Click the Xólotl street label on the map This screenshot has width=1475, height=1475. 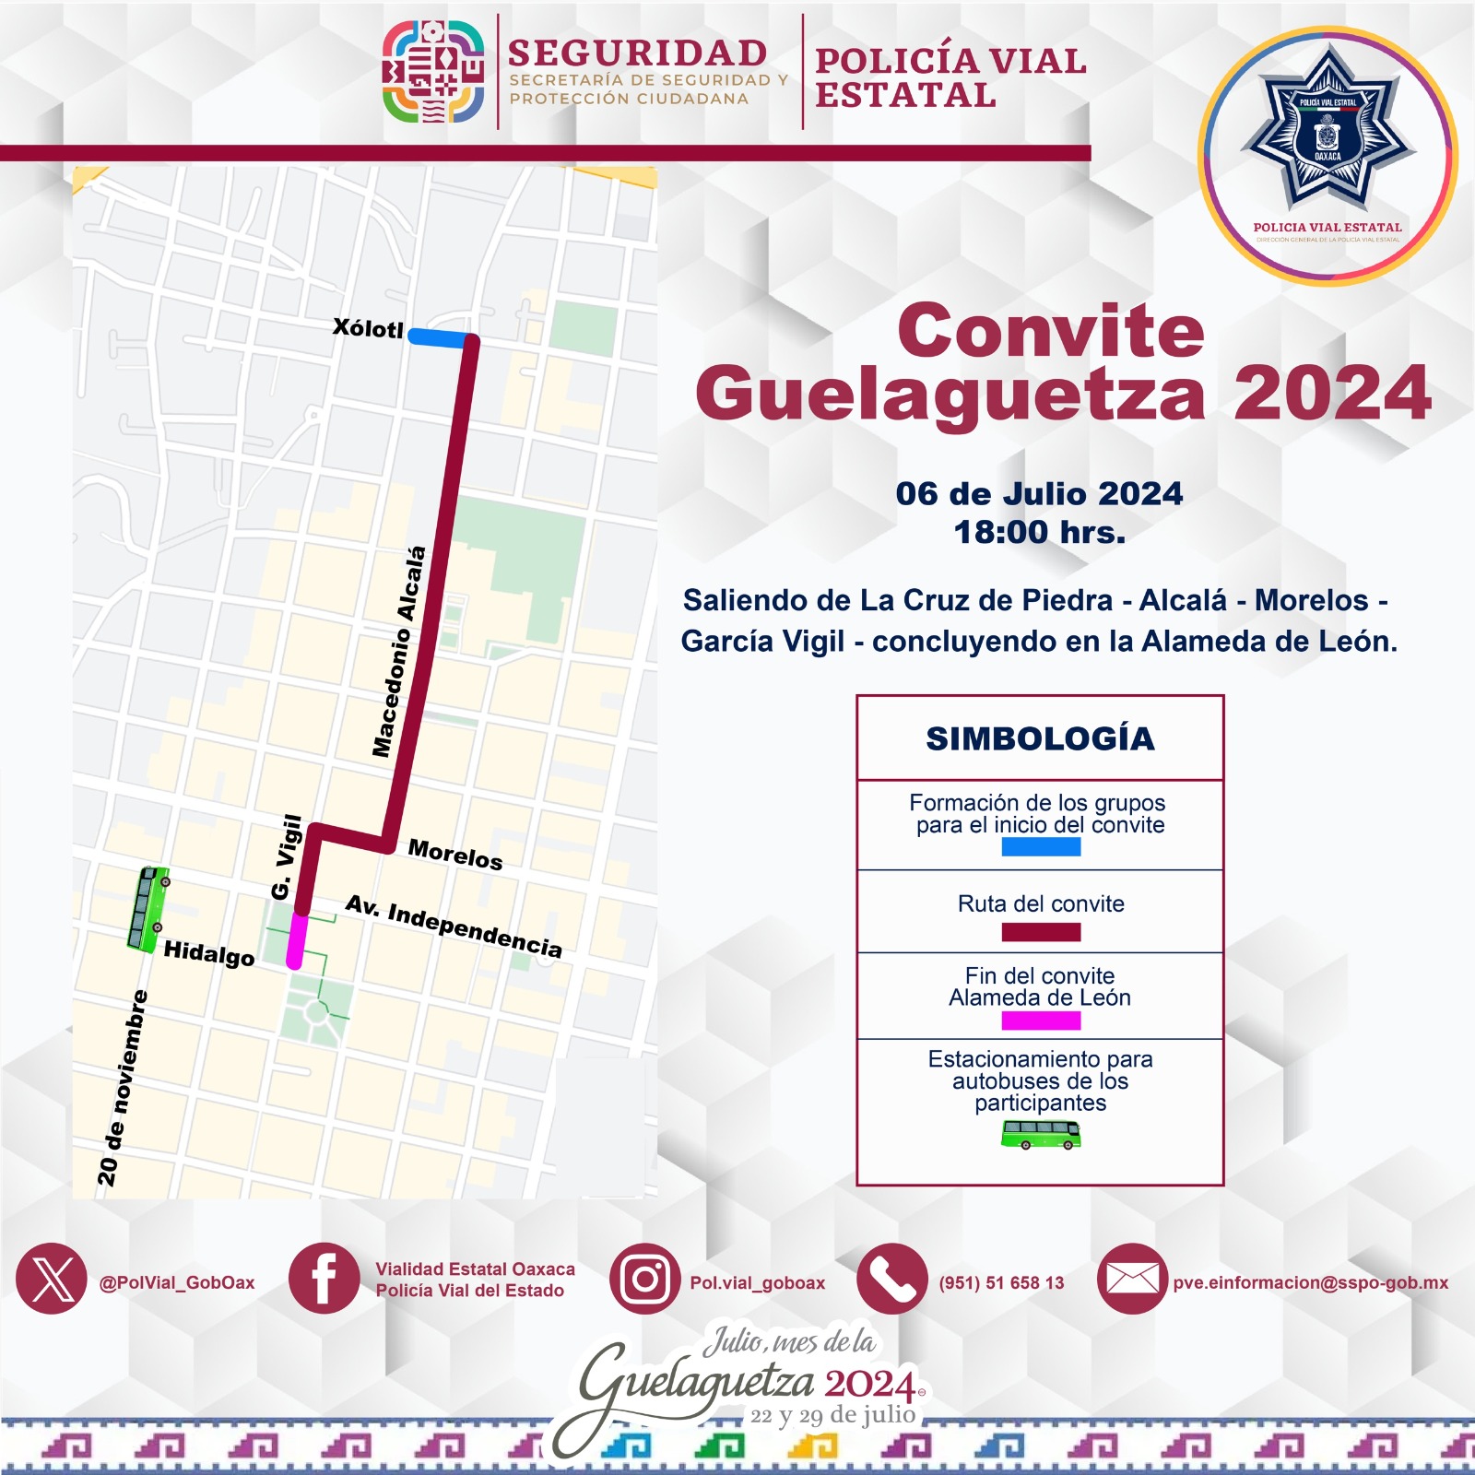click(x=368, y=328)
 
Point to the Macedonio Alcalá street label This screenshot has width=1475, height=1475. click(x=399, y=652)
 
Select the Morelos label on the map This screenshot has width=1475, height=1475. click(x=455, y=855)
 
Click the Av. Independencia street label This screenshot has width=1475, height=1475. click(x=454, y=926)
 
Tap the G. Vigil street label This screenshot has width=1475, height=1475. click(x=287, y=856)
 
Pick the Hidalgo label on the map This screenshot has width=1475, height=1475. click(x=209, y=953)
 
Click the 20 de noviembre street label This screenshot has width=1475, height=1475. click(x=122, y=1087)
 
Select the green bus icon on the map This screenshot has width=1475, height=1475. click(x=147, y=909)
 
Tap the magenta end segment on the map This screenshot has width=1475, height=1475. click(x=296, y=940)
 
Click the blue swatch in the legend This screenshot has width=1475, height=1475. click(x=1041, y=846)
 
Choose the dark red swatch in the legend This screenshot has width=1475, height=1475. click(x=1041, y=932)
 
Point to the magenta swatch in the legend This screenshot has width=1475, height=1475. click(x=1041, y=1021)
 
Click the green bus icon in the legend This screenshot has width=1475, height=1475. click(x=1041, y=1134)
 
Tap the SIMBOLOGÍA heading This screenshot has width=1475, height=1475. click(x=1040, y=738)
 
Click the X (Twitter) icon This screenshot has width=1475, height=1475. click(x=52, y=1279)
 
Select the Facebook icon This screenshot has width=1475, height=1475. click(x=324, y=1279)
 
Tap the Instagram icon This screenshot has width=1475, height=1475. click(x=644, y=1279)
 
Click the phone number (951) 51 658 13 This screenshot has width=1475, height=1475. click(x=1001, y=1282)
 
